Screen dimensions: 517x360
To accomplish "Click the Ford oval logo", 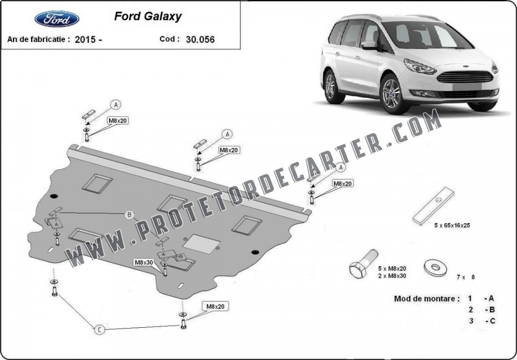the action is (x=57, y=19).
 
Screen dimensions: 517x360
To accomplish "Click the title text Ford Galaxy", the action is (x=148, y=17).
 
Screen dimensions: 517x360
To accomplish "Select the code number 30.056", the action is (x=200, y=40).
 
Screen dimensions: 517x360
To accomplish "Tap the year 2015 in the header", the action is (x=85, y=40).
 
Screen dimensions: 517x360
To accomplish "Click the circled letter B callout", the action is (x=129, y=215).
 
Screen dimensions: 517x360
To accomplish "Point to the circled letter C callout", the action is (x=99, y=329).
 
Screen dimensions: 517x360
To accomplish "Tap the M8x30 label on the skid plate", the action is (x=144, y=263).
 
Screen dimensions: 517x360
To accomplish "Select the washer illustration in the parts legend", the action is (x=435, y=268).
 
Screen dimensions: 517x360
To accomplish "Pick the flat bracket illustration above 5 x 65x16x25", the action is (x=433, y=206).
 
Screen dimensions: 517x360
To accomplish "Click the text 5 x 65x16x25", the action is (x=452, y=225).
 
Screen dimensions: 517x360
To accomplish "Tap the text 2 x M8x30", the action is (x=392, y=276).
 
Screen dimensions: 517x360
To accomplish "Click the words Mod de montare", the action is (x=427, y=299).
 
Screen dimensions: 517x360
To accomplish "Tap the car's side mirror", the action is (x=370, y=45).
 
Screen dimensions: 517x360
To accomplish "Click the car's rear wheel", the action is (x=331, y=87).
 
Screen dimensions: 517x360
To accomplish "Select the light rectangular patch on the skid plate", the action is (x=202, y=244).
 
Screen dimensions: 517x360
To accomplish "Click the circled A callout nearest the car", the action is (x=341, y=168).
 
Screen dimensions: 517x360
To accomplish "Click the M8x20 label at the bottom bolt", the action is (x=215, y=307).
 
